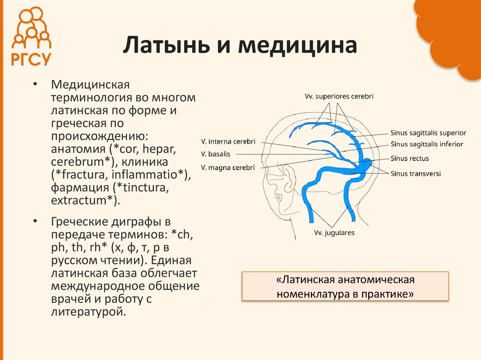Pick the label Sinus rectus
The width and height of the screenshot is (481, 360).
tap(410, 159)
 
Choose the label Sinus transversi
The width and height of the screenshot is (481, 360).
tap(415, 173)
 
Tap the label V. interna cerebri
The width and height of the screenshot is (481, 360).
tap(228, 141)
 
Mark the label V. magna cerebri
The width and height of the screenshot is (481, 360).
tap(228, 167)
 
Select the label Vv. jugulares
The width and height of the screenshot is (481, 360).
tap(334, 232)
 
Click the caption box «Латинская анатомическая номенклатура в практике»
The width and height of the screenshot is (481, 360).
tap(345, 287)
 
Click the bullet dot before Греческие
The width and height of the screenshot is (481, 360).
tap(35, 221)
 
